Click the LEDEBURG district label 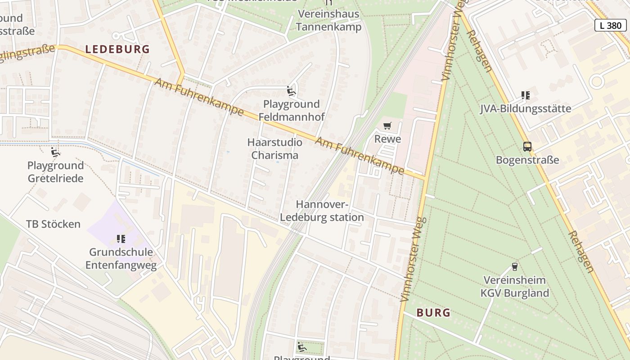coord(117,49)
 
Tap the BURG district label coord(433,312)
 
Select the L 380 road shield coord(611,26)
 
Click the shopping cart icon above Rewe coord(387,126)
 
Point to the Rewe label coord(387,139)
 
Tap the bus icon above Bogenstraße coord(527,147)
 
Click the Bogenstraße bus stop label coord(527,160)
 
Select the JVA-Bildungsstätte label coord(526,108)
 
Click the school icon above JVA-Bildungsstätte coord(526,95)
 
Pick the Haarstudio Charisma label coord(274,148)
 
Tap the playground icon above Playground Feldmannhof coord(291,91)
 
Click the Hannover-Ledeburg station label coord(322,211)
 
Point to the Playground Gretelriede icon coord(55,153)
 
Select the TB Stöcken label coord(53,224)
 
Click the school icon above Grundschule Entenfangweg coord(121,239)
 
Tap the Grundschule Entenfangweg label coord(121,258)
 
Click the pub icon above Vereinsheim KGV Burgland coord(515,267)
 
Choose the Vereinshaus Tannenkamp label coord(329,20)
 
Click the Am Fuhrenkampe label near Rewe coord(360,156)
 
